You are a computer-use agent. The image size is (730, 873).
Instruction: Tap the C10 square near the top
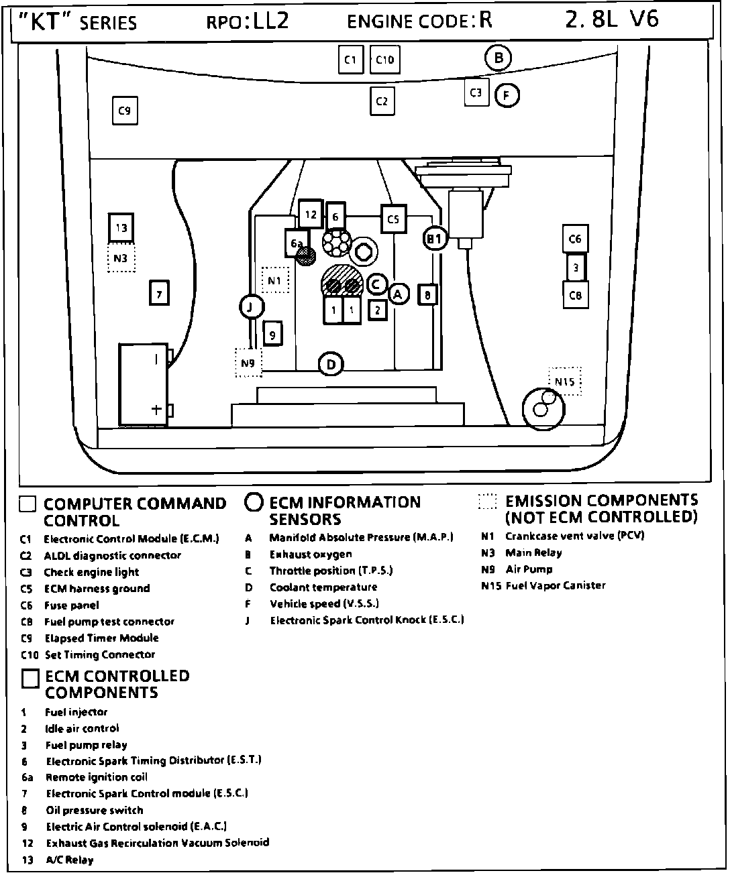point(384,60)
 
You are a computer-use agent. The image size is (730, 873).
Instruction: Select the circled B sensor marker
point(498,58)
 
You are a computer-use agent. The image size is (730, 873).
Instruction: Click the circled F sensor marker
point(507,96)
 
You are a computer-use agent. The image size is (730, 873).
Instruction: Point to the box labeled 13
point(121,228)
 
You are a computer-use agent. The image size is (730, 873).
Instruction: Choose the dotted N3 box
point(121,258)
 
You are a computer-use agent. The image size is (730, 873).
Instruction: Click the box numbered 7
point(159,294)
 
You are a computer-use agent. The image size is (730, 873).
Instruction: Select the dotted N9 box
point(248,363)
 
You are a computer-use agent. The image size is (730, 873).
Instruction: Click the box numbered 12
point(311,215)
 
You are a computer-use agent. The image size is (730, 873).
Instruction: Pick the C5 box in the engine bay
point(393,219)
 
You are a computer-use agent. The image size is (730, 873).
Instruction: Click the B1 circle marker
point(435,238)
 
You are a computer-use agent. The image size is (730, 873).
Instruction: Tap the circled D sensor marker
point(331,364)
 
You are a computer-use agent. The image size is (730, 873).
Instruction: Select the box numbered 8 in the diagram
point(427,294)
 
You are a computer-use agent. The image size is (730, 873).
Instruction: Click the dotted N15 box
point(565,382)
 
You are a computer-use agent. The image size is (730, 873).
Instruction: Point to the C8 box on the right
point(575,295)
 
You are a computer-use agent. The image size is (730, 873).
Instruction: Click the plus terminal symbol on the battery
point(156,409)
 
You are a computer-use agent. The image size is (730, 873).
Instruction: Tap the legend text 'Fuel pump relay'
point(86,745)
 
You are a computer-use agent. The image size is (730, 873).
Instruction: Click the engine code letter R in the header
point(485,20)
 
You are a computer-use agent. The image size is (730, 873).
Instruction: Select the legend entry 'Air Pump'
point(529,569)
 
